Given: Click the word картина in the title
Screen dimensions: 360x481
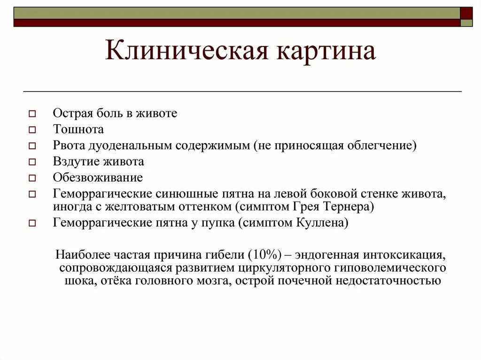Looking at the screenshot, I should click(x=327, y=51).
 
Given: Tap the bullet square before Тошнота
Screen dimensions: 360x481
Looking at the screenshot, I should click(x=32, y=130).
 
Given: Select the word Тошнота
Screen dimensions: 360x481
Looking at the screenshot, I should click(x=78, y=129).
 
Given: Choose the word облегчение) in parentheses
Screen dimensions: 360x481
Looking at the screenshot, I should click(x=381, y=145).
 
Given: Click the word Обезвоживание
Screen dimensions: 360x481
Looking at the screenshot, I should click(x=98, y=177).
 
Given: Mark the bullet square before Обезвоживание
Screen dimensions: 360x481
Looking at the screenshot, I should click(x=32, y=178).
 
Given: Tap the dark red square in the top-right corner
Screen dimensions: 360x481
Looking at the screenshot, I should click(x=466, y=13).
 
